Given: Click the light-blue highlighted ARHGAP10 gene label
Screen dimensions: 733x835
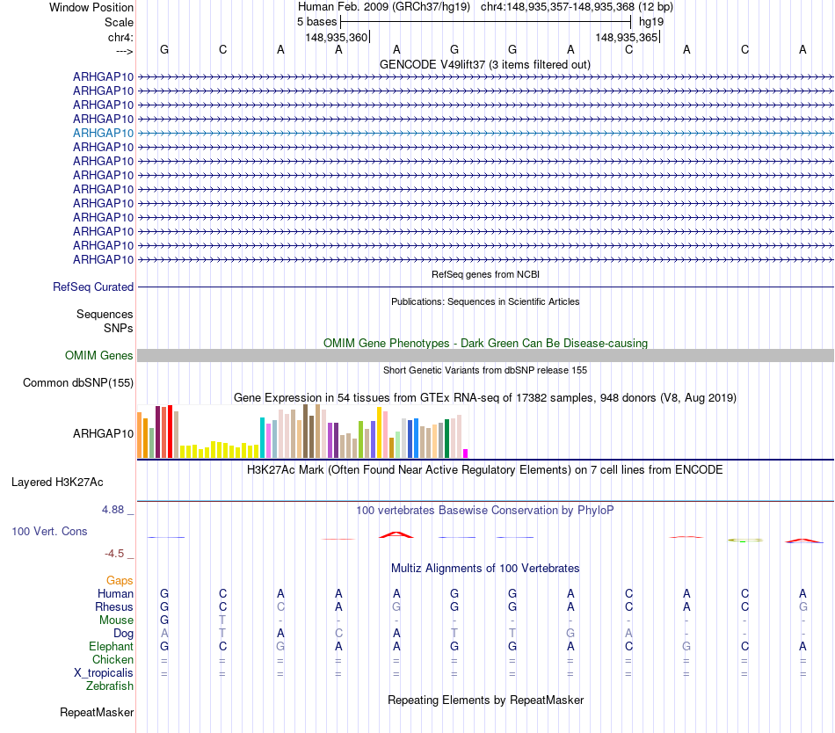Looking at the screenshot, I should tap(103, 133).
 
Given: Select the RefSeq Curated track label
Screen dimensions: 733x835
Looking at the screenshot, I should tap(93, 287).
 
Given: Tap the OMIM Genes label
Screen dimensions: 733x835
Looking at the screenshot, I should tap(99, 356).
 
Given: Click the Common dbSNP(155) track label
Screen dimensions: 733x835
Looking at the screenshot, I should tap(78, 382).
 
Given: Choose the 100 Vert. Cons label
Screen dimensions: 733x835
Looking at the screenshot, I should tap(49, 532).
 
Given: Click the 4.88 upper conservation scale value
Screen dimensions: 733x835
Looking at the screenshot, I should tap(114, 510).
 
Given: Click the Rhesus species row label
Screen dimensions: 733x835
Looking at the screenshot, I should tap(114, 607).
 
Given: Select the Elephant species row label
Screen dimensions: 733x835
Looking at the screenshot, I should tap(111, 647).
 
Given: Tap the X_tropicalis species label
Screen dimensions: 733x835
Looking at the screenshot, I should tap(104, 673).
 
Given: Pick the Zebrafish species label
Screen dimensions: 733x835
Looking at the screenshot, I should tap(110, 686).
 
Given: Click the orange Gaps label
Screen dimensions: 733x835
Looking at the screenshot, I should tap(120, 581).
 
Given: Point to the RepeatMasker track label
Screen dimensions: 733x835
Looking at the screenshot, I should tap(97, 713).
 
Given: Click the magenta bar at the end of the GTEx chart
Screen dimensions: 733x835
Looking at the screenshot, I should tap(466, 454).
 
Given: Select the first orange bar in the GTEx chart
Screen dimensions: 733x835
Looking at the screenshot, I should tap(140, 434).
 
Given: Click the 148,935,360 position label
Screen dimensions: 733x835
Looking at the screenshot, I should tap(336, 37).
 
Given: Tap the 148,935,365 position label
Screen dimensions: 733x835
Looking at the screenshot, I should tap(626, 37).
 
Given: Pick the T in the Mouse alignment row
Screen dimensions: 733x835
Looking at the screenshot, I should tap(222, 621).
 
